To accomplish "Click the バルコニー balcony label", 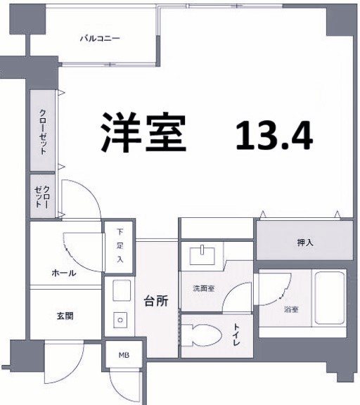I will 98,39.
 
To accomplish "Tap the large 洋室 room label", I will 143,131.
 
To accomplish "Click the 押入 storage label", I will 305,243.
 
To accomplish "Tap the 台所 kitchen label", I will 155,301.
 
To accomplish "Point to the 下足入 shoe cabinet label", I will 120,245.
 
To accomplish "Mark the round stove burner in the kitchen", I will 120,321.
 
